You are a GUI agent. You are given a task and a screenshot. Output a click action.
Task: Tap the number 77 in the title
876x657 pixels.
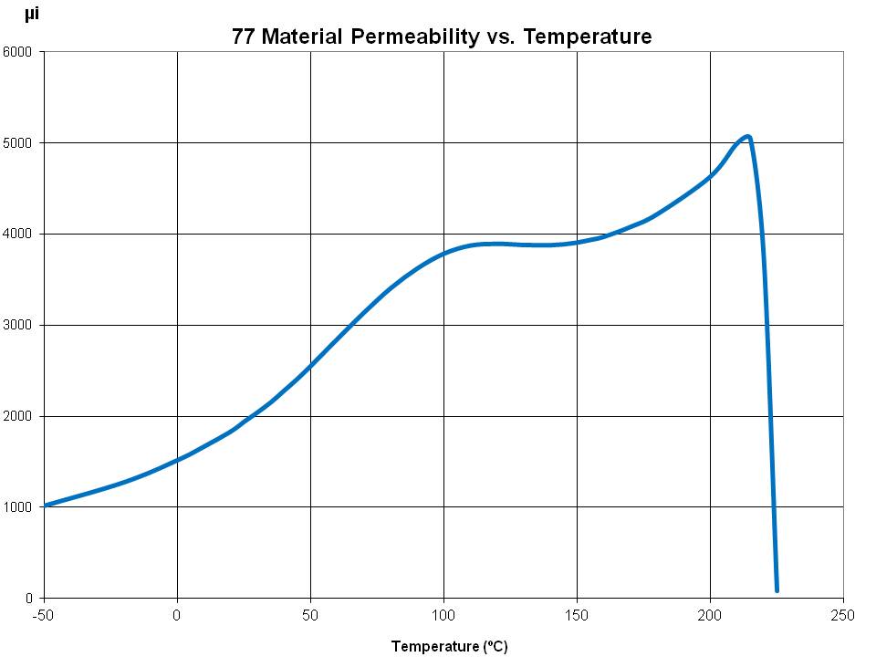(x=244, y=37)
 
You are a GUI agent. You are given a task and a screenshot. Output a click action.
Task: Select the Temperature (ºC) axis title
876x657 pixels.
(x=449, y=647)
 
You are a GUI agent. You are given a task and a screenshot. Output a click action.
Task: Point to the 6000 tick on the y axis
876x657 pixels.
(x=18, y=52)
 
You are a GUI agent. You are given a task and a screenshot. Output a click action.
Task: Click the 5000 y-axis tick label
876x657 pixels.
(x=18, y=143)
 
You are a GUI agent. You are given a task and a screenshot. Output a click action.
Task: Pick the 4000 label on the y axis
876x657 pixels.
(x=18, y=235)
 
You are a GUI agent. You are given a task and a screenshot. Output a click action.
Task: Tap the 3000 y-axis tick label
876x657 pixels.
(x=18, y=326)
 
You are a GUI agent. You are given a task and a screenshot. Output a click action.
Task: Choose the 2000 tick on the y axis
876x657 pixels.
(x=18, y=417)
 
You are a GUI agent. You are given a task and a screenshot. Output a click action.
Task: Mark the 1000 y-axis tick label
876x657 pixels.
(x=18, y=507)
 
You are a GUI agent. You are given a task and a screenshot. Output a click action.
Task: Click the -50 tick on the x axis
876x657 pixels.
(x=44, y=614)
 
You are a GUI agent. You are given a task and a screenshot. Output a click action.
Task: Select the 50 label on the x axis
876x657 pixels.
(x=310, y=614)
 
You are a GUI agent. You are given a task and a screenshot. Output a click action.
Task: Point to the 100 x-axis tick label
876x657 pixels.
(x=443, y=614)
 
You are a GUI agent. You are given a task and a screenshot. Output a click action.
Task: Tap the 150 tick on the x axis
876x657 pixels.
(x=577, y=614)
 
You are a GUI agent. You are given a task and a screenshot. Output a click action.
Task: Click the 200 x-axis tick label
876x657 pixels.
(x=710, y=614)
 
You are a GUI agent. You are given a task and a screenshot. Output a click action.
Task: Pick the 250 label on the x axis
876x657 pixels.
(x=843, y=614)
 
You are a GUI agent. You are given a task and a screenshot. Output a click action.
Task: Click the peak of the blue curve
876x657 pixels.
(x=747, y=137)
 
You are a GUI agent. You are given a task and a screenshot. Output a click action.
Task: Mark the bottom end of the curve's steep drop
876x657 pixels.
(x=777, y=589)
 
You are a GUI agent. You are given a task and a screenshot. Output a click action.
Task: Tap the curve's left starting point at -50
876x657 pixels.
(x=46, y=505)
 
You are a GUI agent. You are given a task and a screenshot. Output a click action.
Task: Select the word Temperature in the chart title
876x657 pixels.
(x=585, y=37)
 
